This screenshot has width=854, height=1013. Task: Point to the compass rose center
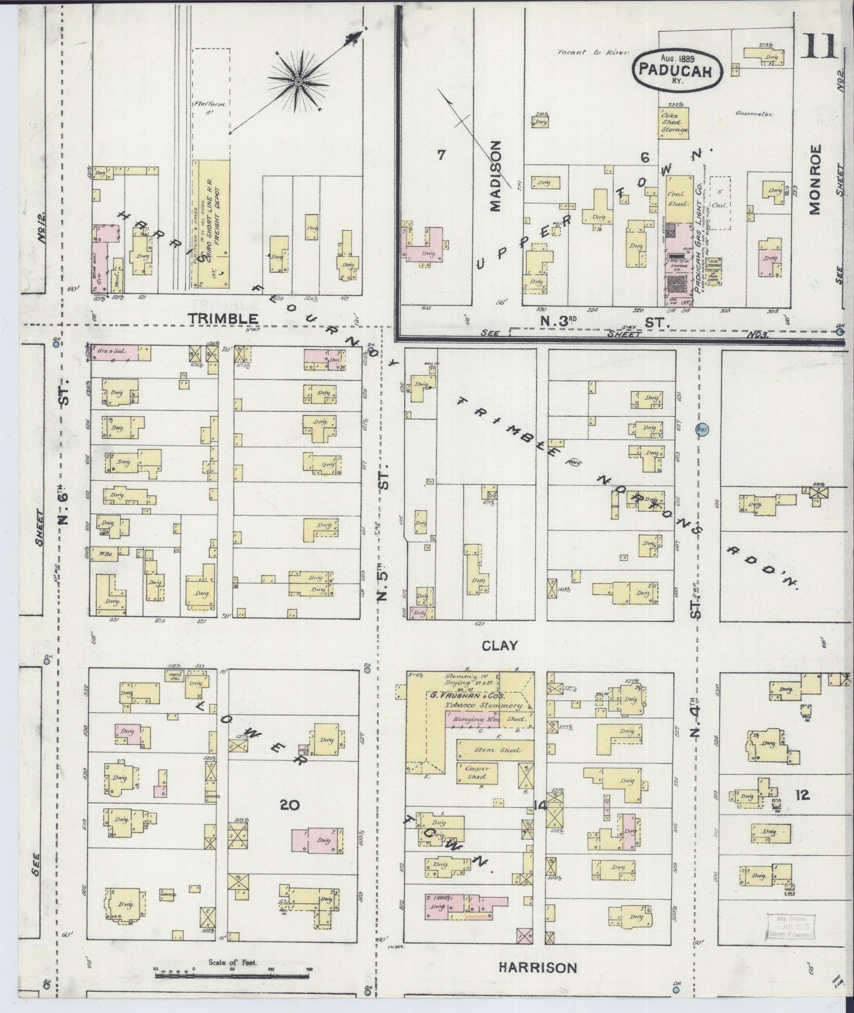(298, 80)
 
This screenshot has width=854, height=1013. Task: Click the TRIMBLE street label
(223, 319)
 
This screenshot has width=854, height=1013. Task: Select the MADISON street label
(495, 176)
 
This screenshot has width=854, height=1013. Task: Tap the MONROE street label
(816, 179)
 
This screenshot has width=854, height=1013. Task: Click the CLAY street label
(499, 645)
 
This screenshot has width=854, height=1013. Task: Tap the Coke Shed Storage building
(674, 122)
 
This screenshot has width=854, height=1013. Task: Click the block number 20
(290, 804)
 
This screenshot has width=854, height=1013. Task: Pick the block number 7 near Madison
(440, 155)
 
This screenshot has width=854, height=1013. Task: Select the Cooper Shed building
(476, 773)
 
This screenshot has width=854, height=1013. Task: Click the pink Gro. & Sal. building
(114, 352)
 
